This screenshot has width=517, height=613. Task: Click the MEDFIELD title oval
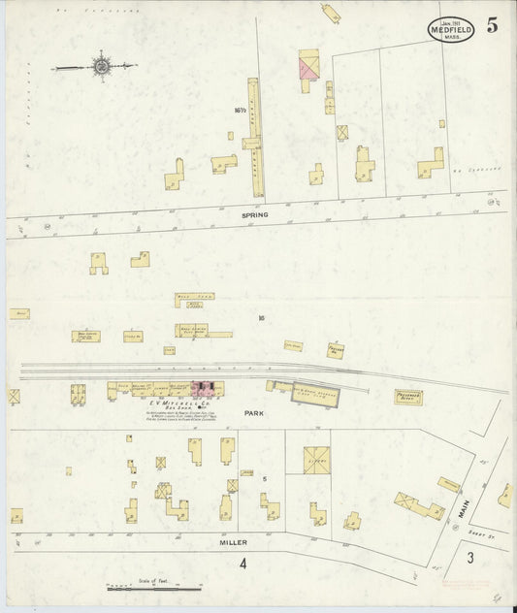coord(453,31)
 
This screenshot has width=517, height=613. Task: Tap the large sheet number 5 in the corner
coord(493,26)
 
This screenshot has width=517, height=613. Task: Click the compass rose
coord(100,66)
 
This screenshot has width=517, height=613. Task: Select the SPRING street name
coord(256,214)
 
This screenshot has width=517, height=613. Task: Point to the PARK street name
coord(255,413)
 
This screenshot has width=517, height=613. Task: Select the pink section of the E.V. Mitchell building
coord(207,389)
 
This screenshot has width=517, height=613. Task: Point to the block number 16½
coord(240,111)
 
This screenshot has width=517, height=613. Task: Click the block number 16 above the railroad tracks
coord(261,317)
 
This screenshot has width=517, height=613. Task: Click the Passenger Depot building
coord(408,397)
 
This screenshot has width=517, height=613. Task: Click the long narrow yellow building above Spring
coord(256,141)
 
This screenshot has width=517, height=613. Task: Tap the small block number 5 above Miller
coord(263,479)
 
